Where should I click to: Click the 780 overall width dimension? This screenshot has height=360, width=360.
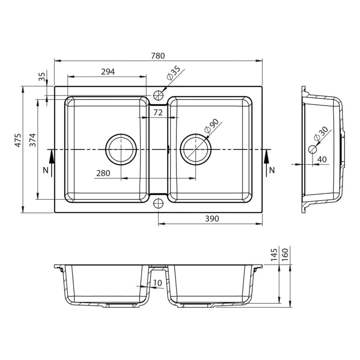tap(158, 56)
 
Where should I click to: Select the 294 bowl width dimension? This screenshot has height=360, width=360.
tap(108, 72)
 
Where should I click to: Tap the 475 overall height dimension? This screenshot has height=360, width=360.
tap(18, 140)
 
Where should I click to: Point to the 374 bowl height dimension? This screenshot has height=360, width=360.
tap(32, 140)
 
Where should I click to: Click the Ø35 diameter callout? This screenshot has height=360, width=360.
tap(174, 73)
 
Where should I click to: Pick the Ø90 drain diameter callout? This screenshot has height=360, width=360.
tap(211, 126)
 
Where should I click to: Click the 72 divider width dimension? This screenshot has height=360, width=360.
tap(158, 112)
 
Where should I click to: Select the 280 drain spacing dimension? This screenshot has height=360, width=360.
tap(103, 173)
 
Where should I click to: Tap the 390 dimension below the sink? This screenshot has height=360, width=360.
tap(212, 219)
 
